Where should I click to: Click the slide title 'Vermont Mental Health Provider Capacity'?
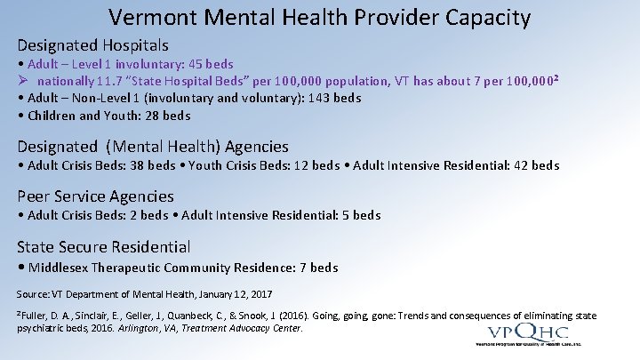320,17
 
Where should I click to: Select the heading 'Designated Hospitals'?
93,44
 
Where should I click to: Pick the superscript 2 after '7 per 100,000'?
555,78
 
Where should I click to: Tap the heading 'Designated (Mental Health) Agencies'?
153,147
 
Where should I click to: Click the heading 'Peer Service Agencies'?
96,196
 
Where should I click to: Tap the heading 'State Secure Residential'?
104,247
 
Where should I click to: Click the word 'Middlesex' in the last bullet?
60,268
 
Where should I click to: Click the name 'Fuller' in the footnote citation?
35,316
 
